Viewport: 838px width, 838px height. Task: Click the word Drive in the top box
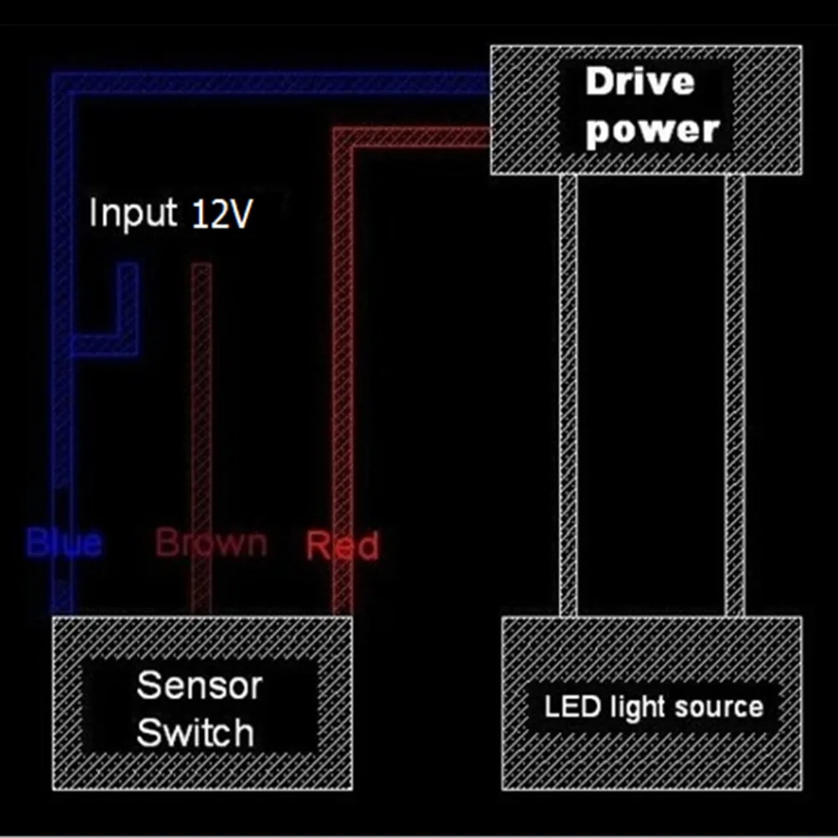[640, 82]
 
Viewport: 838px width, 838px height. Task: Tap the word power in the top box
[653, 130]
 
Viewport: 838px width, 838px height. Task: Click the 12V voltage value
[221, 215]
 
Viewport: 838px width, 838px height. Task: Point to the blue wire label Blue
[65, 543]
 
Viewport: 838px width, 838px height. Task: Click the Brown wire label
[211, 543]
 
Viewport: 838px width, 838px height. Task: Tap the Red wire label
[342, 546]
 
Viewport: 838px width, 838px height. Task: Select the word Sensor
[199, 685]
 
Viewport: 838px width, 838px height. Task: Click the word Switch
[195, 732]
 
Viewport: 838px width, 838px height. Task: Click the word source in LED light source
[718, 706]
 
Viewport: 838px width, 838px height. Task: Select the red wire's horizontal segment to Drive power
[419, 137]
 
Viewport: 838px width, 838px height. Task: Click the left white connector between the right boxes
[567, 394]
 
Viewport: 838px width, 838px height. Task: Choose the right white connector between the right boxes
[735, 394]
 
